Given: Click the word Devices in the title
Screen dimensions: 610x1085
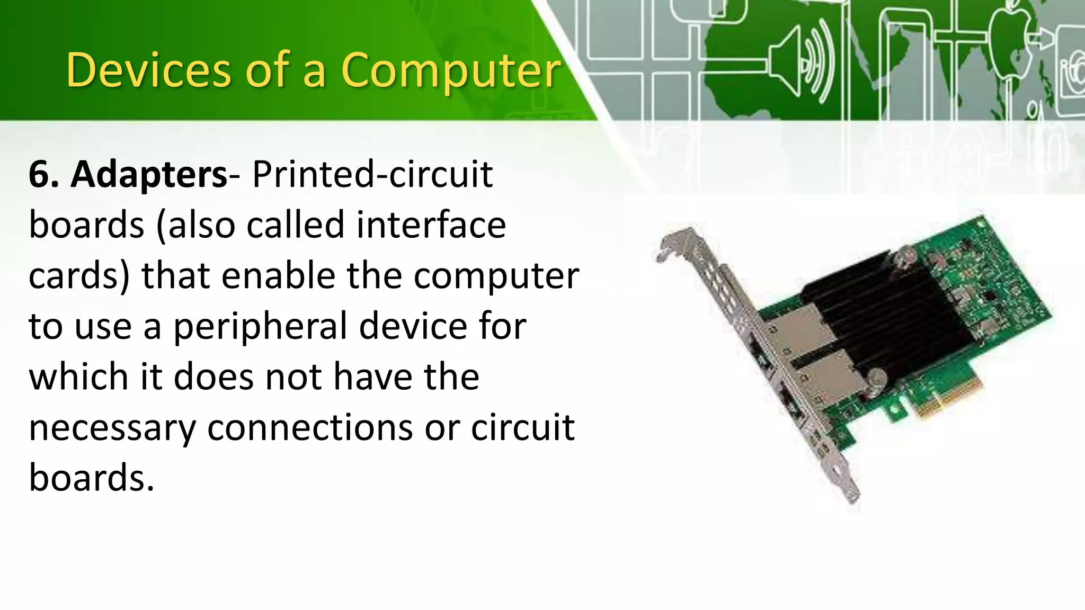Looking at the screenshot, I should pyautogui.click(x=148, y=70).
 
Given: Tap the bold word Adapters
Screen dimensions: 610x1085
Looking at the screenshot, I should pyautogui.click(x=149, y=174).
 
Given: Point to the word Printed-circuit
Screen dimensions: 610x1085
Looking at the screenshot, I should pyautogui.click(x=372, y=174).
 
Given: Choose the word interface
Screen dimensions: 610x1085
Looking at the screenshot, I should pyautogui.click(x=431, y=225).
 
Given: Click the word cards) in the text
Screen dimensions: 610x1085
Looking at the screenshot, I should pyautogui.click(x=78, y=276).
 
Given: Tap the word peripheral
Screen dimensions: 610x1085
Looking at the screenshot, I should pyautogui.click(x=260, y=327).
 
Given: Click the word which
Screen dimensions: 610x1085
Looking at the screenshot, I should pyautogui.click(x=78, y=376).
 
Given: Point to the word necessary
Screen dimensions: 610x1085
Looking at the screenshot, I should pyautogui.click(x=112, y=428).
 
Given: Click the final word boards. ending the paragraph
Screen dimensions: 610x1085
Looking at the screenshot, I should pyautogui.click(x=91, y=477).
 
